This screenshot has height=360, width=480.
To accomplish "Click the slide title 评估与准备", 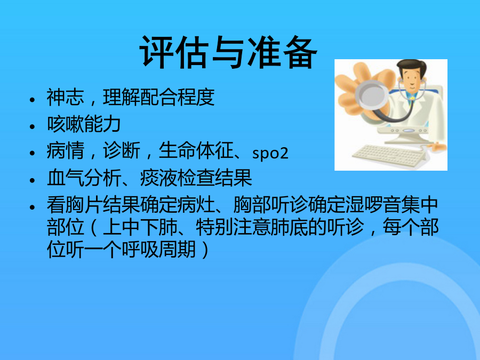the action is pos(228,52).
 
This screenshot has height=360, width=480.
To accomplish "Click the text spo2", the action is pos(270,153).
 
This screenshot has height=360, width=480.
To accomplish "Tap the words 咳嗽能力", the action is pos(84,124).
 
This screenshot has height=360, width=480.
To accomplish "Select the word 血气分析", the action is pos(84,178).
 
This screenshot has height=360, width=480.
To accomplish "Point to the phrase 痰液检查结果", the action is pos(196,178).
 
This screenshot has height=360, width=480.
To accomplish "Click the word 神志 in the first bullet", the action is pos(65,97).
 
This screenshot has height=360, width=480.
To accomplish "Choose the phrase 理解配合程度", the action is pos(158,97).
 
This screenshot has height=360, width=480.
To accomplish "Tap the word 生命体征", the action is pos(196,151).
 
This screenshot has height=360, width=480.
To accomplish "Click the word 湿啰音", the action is pos(373,205).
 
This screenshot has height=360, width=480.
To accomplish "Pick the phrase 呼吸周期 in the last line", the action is pos(158,250).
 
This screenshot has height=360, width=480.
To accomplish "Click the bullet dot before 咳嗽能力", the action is pos(33,126).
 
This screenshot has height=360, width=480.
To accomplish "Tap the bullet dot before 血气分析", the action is pos(33,180).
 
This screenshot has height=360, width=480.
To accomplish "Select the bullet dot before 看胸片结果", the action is pos(33,207).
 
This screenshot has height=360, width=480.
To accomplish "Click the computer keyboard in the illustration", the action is pos(389,155).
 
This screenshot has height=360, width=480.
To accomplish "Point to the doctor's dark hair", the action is pos(411,66).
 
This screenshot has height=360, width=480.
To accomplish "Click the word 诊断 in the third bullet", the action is pos(121,151).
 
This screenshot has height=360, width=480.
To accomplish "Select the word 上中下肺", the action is pos(140,227).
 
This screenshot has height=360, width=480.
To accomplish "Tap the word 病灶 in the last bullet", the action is pos(196,205).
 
